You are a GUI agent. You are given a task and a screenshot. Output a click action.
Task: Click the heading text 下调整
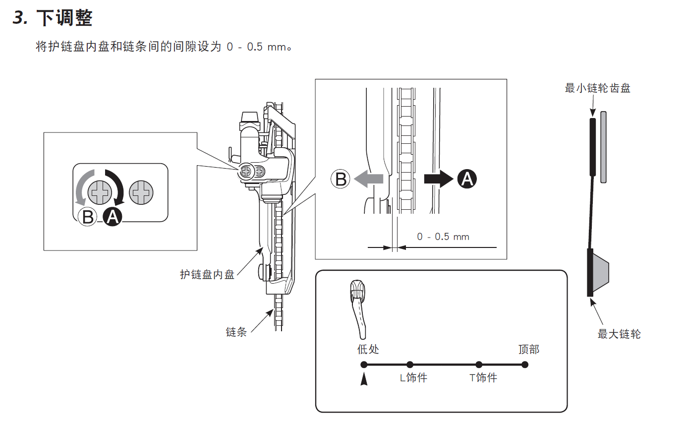[x=64, y=19]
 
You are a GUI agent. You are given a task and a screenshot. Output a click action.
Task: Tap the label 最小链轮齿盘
[x=597, y=89]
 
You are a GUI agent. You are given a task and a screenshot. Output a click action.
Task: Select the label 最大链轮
[x=619, y=334]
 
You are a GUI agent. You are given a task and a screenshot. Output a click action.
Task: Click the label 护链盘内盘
[x=207, y=274]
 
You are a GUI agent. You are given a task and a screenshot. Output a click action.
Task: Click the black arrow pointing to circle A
[x=438, y=179]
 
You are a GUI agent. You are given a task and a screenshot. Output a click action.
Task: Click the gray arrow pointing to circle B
[x=369, y=179]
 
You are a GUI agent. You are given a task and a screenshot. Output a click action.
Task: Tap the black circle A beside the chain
[x=466, y=179]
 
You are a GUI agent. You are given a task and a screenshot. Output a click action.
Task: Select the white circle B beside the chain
[x=341, y=179]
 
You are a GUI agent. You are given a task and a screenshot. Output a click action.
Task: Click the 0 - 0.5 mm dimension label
[x=443, y=237]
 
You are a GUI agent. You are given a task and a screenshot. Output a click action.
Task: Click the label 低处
[x=368, y=349]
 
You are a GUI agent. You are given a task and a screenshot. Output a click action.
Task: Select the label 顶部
[x=528, y=349]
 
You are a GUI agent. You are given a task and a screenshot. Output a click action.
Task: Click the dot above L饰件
[x=409, y=365]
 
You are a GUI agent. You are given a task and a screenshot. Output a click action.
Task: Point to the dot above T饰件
[x=479, y=365]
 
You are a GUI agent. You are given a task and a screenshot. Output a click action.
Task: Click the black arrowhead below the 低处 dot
[x=364, y=379]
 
